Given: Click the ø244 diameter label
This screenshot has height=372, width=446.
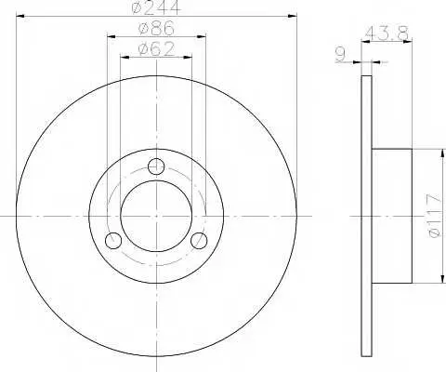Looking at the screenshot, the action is [155, 7].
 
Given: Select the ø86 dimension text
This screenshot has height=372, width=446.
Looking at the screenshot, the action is [157, 29].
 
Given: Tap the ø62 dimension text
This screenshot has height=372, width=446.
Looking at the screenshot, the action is [156, 49].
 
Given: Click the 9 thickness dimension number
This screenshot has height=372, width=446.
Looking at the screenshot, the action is [340, 55].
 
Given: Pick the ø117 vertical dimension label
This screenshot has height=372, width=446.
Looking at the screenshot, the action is [433, 216].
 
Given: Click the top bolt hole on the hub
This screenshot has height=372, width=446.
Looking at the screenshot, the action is [156, 166].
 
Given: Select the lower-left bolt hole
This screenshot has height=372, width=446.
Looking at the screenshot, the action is [113, 241].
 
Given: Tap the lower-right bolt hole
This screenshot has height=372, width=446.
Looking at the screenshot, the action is [199, 241].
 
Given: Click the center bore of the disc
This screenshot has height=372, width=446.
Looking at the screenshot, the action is [156, 216].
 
